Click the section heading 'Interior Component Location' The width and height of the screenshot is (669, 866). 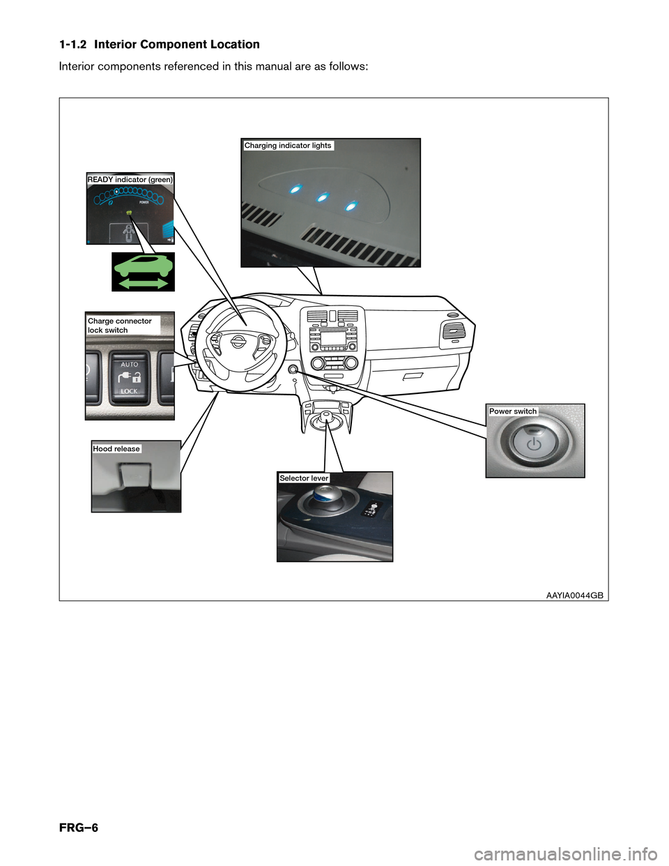(x=177, y=44)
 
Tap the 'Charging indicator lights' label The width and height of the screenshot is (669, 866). (x=288, y=146)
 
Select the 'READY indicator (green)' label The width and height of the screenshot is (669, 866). (x=130, y=179)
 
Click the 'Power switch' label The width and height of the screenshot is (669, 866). (x=512, y=411)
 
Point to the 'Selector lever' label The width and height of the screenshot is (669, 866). (x=304, y=478)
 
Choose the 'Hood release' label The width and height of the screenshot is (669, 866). (x=116, y=449)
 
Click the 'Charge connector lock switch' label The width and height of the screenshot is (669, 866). (x=119, y=325)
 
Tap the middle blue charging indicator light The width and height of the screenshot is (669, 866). (x=323, y=197)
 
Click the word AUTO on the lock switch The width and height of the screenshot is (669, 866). (x=130, y=364)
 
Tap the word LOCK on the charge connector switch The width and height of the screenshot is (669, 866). (x=129, y=391)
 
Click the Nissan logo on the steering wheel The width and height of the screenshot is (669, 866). (x=238, y=342)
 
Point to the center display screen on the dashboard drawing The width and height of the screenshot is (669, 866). (x=333, y=339)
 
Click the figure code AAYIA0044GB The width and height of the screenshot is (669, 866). (x=575, y=595)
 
